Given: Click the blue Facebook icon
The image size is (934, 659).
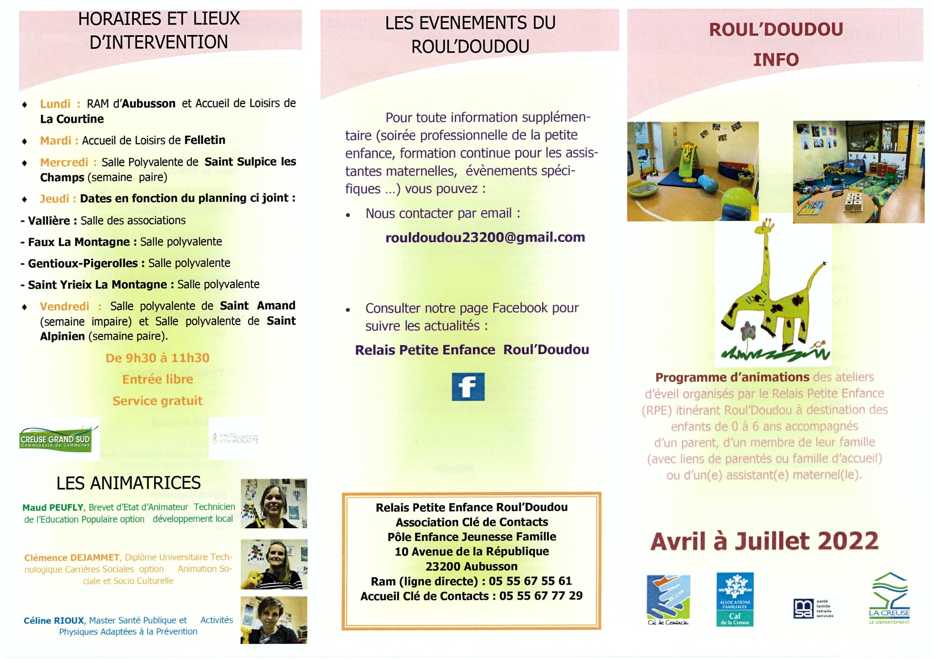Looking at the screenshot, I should click(x=468, y=386).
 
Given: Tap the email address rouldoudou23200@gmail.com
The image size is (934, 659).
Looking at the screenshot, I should click(x=485, y=237).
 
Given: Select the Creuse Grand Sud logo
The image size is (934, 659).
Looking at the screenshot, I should click(x=55, y=439).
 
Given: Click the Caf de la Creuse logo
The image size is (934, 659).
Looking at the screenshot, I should click(x=734, y=599).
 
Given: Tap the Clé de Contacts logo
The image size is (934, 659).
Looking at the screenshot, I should click(x=668, y=599).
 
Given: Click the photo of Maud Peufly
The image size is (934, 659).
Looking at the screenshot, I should click(x=274, y=503).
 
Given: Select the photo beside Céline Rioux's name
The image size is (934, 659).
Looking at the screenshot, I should click(x=274, y=619).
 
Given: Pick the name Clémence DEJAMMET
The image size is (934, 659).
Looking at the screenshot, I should click(x=72, y=558).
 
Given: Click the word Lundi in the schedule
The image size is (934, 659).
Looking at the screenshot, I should click(x=55, y=104).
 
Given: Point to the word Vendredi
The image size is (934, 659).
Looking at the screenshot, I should click(x=64, y=306).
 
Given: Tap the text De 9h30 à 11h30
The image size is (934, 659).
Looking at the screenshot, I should click(x=158, y=358).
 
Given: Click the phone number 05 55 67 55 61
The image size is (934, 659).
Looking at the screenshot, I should click(x=530, y=581).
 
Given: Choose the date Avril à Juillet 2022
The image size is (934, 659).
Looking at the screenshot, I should click(x=764, y=541).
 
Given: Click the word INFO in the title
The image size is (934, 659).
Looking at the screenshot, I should click(x=776, y=60).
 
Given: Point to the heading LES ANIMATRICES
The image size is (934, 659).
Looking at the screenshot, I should click(x=129, y=483).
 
